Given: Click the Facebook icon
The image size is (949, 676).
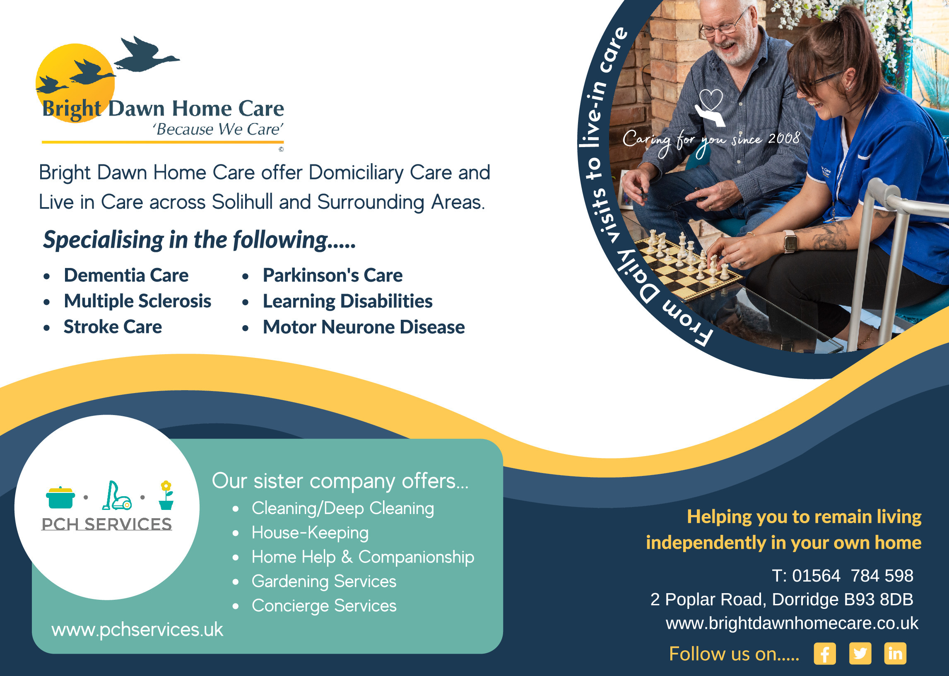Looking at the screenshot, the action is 825,654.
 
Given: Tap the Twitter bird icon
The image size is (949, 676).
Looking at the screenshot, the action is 860,654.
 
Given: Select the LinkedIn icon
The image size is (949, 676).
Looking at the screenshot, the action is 895,654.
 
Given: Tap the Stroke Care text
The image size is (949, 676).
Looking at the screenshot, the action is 113,327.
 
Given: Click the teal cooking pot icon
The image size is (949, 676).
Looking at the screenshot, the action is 61,497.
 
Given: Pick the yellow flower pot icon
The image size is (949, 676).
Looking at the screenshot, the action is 166,495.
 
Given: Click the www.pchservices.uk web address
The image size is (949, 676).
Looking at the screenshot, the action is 137,629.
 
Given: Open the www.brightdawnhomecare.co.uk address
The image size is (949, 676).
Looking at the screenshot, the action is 792,623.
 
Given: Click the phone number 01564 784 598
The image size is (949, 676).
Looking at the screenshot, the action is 853,576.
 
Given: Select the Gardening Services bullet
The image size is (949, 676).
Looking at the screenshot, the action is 324,582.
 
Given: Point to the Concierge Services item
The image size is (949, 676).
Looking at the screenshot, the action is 324,606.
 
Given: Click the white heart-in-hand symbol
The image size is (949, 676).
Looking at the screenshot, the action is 710,108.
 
